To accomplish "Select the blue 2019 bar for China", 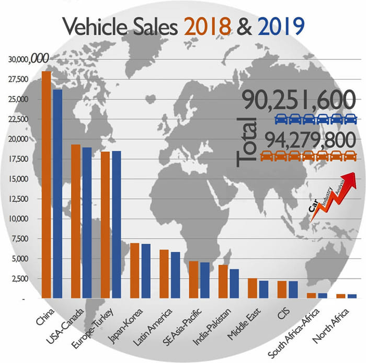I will [x=58, y=193].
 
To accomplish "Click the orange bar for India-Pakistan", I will [x=223, y=282].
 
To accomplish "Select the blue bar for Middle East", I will [x=264, y=289].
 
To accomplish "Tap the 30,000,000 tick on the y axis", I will [x=27, y=60].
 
